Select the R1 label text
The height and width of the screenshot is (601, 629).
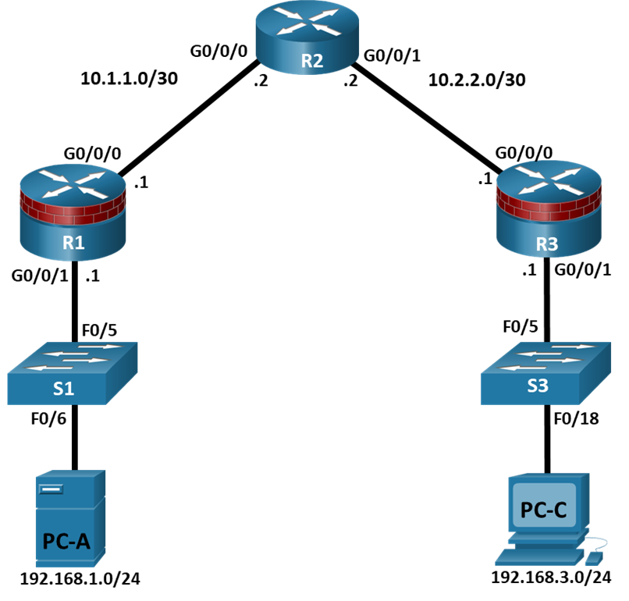pos(73,242)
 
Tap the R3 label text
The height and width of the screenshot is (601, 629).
pos(547,244)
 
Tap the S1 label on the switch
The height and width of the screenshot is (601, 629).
pos(63,388)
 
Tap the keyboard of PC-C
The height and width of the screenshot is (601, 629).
pos(539,556)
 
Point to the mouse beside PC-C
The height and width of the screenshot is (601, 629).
pos(594,558)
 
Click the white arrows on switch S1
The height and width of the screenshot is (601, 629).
pos(73,357)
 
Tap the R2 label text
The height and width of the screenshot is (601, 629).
pos(311,62)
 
